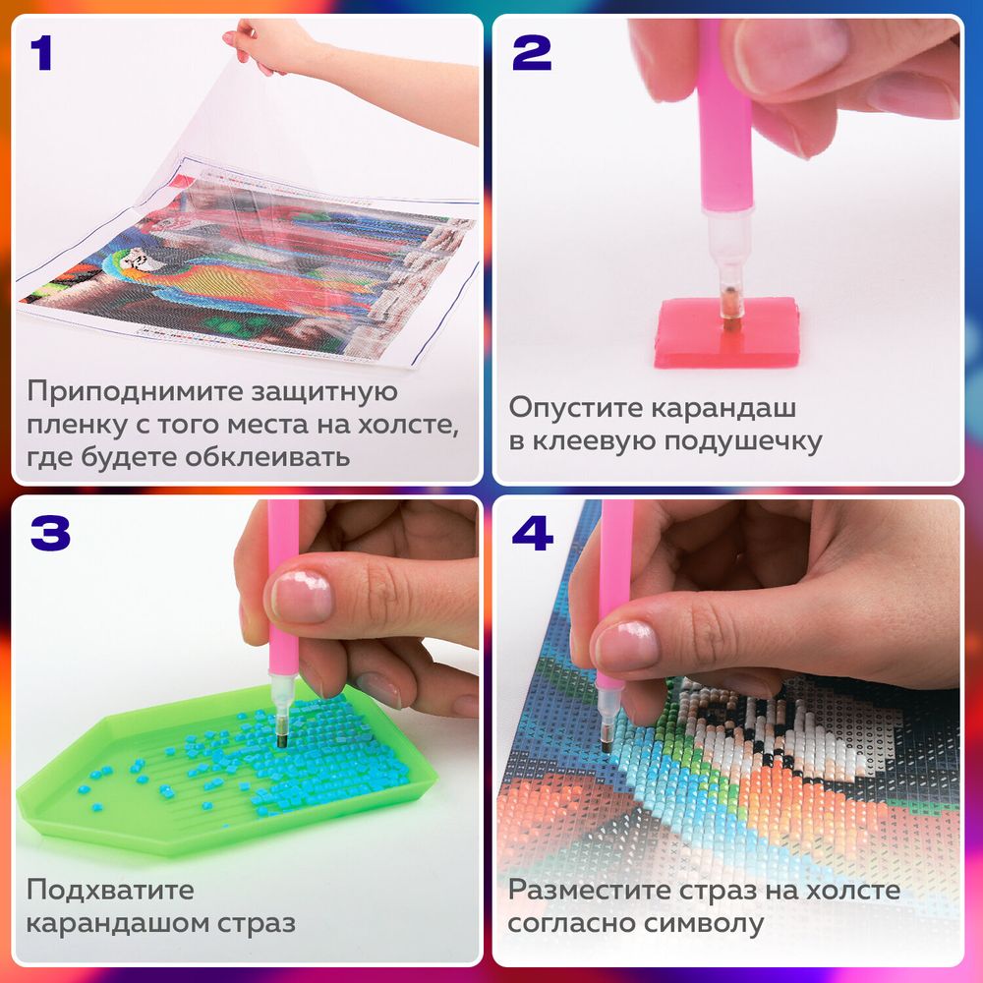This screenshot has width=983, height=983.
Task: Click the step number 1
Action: (x=40, y=53)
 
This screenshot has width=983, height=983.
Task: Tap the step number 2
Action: (x=532, y=53)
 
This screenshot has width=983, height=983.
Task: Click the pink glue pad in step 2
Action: (x=726, y=333)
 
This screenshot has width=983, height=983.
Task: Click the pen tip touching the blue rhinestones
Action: (x=280, y=740)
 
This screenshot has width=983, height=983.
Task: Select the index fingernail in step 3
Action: (x=302, y=596)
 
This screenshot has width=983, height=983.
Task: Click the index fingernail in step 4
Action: (x=625, y=645)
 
